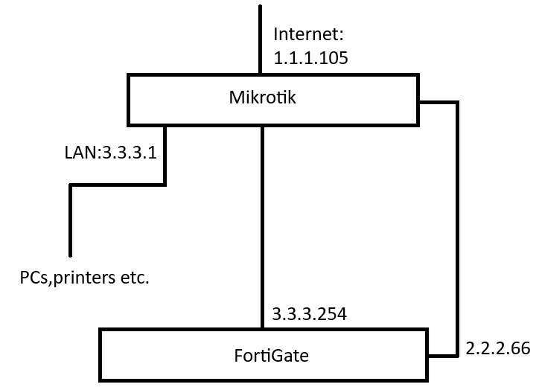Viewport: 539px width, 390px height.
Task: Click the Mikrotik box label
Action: (262, 97)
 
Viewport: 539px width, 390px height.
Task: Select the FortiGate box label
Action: (271, 356)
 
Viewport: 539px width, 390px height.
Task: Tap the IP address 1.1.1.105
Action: (310, 58)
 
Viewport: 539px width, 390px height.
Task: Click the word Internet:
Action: (308, 34)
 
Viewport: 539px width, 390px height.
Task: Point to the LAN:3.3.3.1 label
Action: (111, 153)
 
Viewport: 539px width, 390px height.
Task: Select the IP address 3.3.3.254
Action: (310, 314)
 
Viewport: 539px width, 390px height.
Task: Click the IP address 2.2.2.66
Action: (498, 348)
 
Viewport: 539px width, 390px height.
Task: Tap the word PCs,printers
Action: (68, 278)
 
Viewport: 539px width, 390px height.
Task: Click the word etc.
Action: (135, 278)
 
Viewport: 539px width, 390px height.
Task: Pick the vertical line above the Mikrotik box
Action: (261, 39)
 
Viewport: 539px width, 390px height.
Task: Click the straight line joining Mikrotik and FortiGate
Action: (262, 228)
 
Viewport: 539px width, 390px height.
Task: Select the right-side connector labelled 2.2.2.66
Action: (458, 228)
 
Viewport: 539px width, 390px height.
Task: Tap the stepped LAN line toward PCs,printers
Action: (118, 185)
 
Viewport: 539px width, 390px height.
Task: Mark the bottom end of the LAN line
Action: (71, 256)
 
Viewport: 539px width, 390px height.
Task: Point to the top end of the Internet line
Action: (261, 6)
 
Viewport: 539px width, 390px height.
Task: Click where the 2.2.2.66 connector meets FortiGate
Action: (428, 356)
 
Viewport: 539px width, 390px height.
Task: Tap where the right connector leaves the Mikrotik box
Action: (419, 103)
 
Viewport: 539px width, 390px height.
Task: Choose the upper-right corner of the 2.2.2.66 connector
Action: (458, 103)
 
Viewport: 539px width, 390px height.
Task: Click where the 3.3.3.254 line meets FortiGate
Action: (262, 328)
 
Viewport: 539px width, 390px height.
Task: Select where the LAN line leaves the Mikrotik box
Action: (165, 127)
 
